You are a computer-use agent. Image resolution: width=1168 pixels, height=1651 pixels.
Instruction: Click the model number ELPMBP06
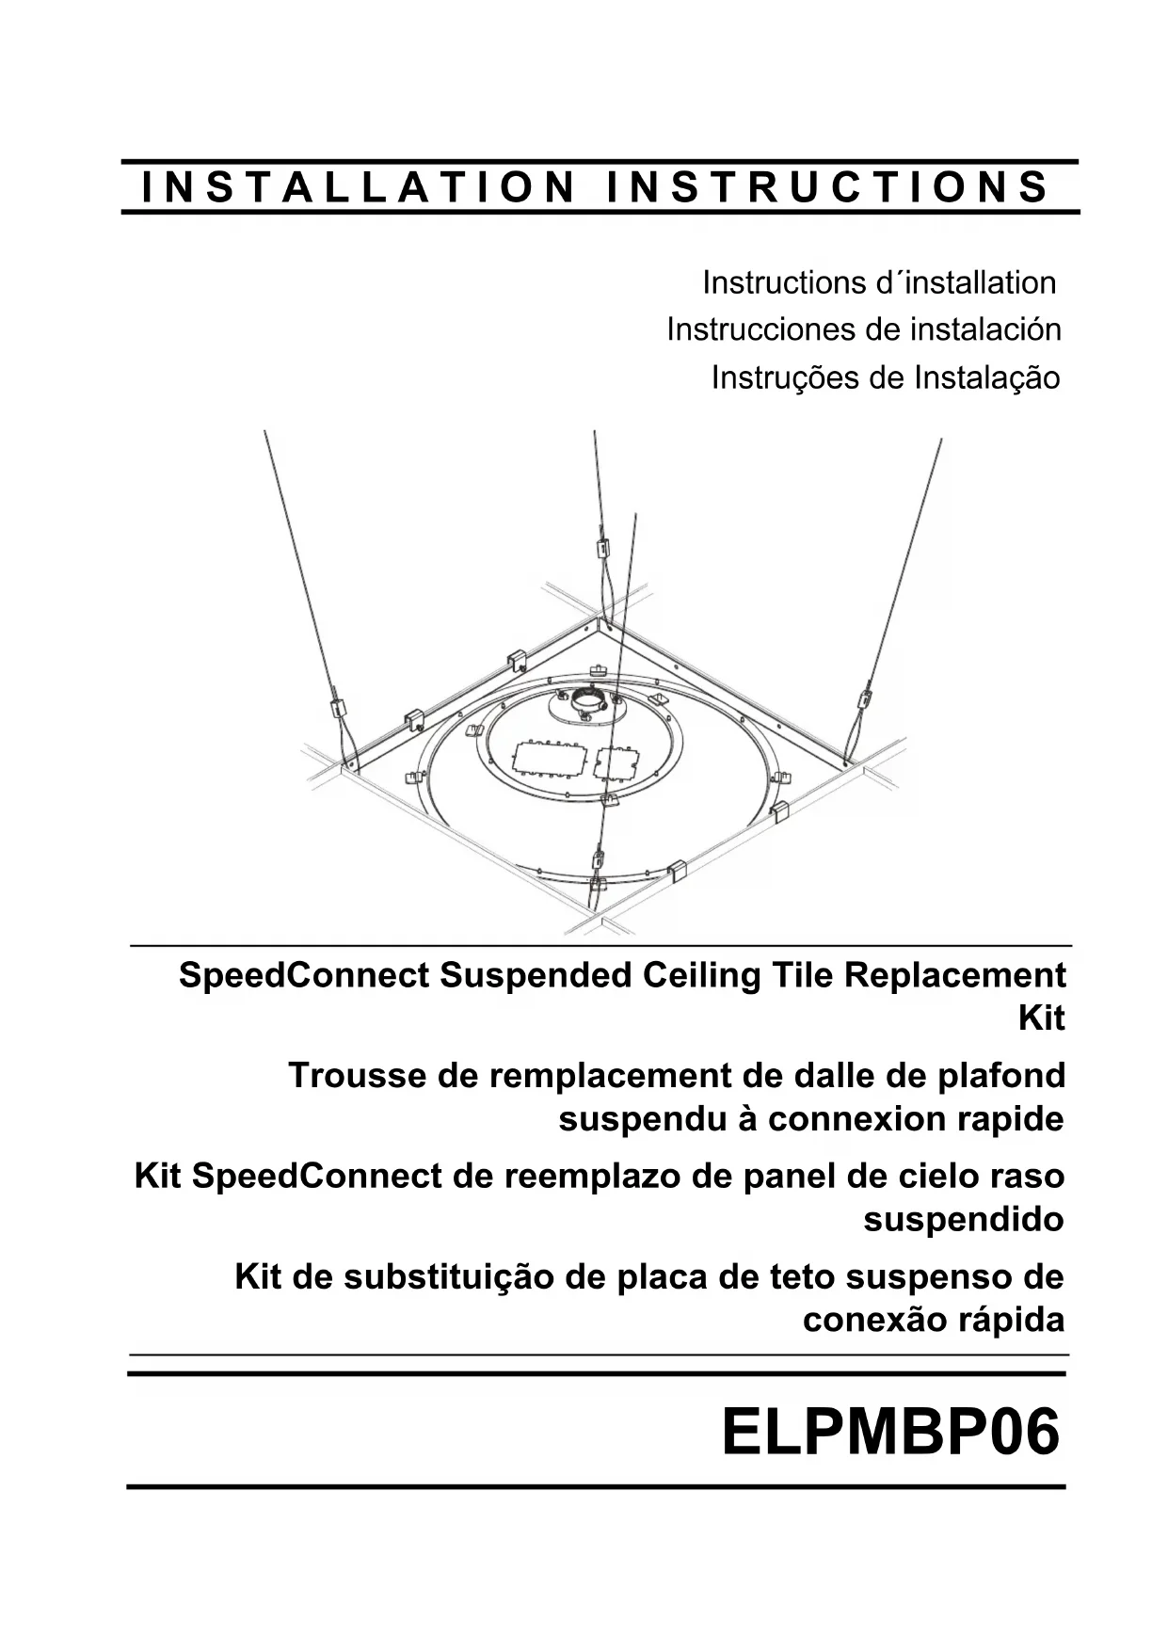890,1433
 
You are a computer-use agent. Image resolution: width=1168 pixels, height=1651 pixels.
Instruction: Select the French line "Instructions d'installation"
879,282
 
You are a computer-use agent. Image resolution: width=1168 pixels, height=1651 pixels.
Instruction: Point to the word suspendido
963,1219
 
